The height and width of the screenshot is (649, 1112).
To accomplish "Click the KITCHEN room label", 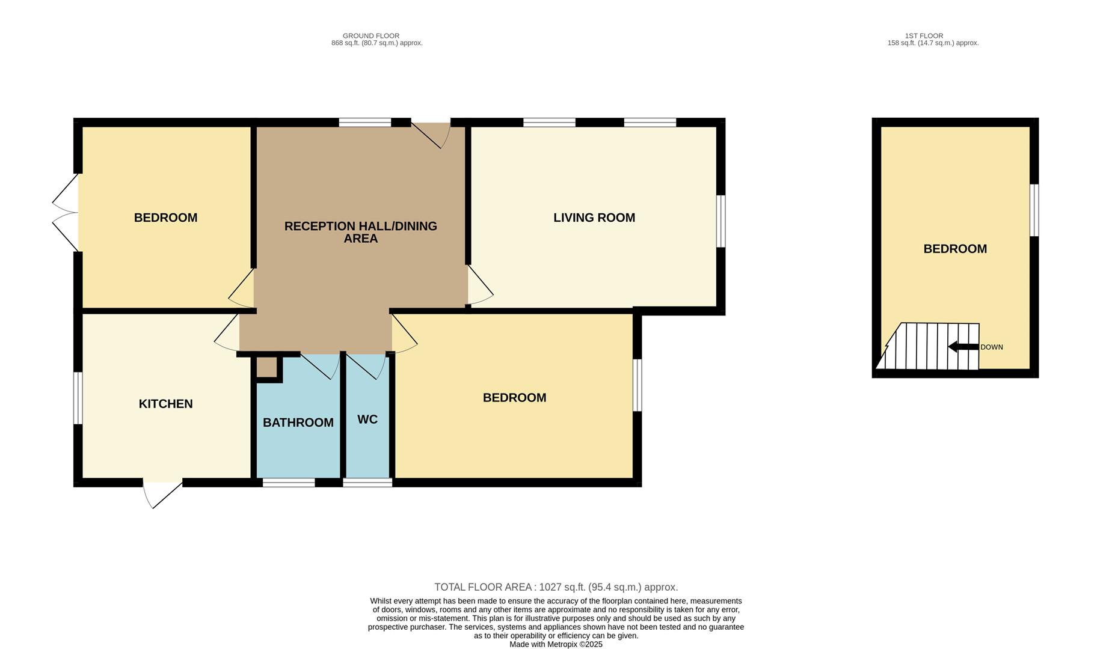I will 165,404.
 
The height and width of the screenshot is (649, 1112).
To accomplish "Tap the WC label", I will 367,419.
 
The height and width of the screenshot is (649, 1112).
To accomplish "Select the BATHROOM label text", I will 298,422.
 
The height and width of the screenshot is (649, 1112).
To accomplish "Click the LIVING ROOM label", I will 594,218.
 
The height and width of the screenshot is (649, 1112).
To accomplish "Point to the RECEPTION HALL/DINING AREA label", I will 360,232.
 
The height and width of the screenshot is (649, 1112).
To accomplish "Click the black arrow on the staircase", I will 962,347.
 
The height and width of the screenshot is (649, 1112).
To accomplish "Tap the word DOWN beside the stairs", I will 991,347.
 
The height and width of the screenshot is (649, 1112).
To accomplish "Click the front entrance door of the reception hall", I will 431,133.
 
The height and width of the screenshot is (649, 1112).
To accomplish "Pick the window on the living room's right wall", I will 720,221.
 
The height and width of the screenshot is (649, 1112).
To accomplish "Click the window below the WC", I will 367,483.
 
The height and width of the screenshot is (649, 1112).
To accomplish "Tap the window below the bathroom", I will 289,483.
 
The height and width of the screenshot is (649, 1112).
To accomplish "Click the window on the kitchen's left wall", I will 78,398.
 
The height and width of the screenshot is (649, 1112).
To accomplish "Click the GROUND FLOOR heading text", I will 370,36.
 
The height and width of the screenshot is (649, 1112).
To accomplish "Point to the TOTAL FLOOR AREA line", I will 556,587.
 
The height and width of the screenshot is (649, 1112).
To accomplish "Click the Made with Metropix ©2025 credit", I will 556,644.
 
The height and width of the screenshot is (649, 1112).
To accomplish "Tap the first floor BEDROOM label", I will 954,249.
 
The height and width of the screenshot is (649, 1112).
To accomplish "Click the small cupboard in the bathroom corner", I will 266,368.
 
